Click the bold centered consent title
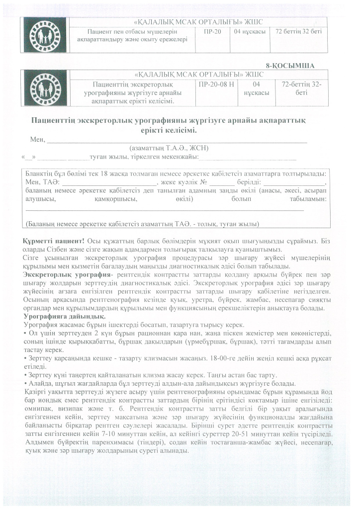[x=169, y=125]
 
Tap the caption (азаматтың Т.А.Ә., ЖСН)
[x=168, y=148]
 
